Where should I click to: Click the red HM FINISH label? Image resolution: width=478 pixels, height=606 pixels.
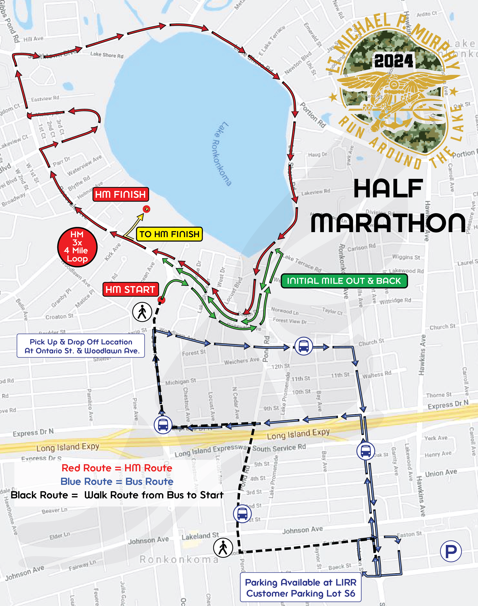click(x=121, y=194)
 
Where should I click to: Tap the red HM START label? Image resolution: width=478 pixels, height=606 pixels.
click(x=130, y=289)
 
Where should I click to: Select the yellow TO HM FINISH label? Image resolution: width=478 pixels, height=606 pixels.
click(x=169, y=234)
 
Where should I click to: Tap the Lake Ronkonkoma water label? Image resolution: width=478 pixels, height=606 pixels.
click(x=221, y=154)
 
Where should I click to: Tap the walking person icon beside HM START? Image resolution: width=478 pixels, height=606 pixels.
click(x=142, y=312)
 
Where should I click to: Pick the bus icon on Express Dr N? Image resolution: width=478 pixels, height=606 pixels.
click(x=163, y=425)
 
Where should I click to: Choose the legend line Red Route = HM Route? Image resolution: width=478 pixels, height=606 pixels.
click(x=117, y=468)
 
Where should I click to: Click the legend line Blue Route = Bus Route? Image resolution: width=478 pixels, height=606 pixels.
click(x=117, y=481)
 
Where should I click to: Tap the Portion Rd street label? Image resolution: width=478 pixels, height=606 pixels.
click(x=313, y=115)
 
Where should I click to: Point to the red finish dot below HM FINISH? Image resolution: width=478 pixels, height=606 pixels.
click(x=146, y=209)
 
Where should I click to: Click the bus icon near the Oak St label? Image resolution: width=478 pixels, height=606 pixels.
click(x=365, y=451)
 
